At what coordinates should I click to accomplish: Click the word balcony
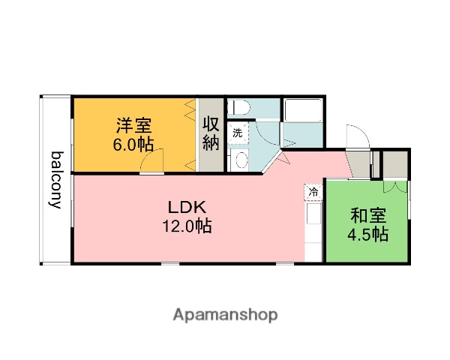(x=56, y=180)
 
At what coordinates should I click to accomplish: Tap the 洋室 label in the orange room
(x=132, y=124)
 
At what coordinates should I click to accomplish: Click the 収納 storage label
(x=211, y=133)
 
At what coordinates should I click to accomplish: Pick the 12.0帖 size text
(x=185, y=226)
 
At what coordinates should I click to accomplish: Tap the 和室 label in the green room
(x=367, y=215)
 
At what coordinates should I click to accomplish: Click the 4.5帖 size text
(x=367, y=235)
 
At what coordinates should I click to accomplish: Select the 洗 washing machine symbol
(x=237, y=133)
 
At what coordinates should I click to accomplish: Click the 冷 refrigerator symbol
(x=313, y=192)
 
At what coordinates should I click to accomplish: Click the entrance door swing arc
(x=356, y=138)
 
